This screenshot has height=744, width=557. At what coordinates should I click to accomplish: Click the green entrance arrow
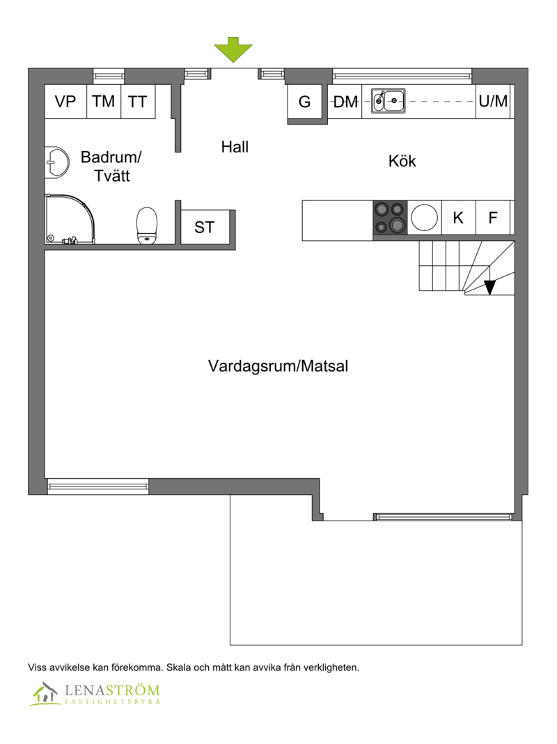(233, 49)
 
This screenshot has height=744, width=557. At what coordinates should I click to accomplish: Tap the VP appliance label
(65, 102)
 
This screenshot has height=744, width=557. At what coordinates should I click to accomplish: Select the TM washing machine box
(104, 102)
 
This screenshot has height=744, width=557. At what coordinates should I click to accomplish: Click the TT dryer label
(138, 102)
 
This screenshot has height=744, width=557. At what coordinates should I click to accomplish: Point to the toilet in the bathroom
(147, 225)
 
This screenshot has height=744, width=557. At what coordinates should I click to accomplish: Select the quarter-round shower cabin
(70, 219)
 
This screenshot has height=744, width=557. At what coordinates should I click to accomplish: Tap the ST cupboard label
(204, 228)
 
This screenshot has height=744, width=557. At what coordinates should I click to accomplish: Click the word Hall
(235, 147)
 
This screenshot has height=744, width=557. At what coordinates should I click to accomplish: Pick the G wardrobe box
(305, 102)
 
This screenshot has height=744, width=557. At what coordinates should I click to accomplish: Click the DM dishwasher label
(346, 102)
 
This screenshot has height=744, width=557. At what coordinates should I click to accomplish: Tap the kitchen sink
(389, 101)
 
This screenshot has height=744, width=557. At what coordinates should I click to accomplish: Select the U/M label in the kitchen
(494, 101)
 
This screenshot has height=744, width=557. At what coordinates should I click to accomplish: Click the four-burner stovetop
(390, 217)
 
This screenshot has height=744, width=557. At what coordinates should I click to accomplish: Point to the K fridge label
(458, 218)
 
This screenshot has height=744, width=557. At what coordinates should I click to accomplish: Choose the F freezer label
(493, 218)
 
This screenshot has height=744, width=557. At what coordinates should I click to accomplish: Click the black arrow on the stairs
(489, 287)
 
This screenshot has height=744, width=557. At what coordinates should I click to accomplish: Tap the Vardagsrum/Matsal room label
(278, 366)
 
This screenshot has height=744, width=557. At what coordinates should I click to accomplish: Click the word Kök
(402, 161)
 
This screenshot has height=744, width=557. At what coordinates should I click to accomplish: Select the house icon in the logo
(45, 693)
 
